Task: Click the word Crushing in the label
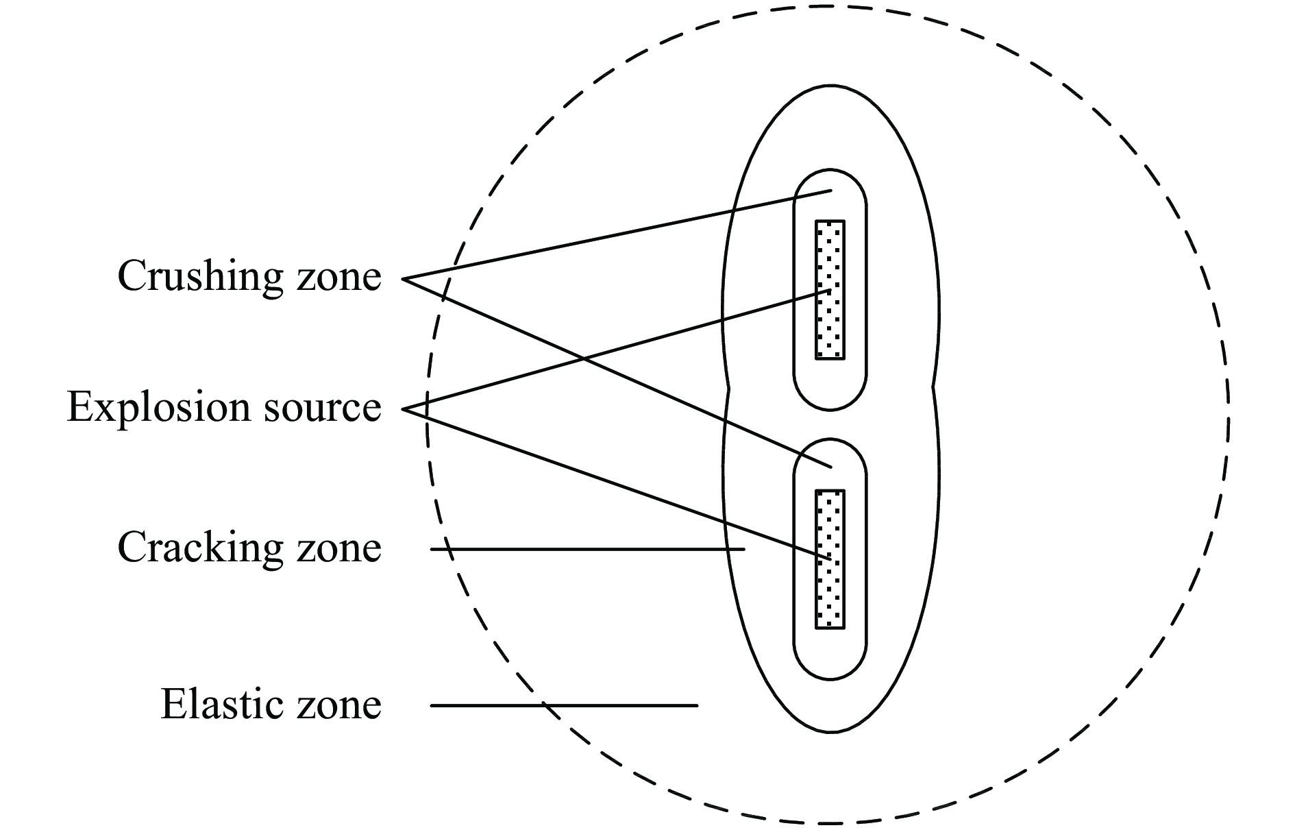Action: [200, 278]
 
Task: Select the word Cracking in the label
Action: [200, 548]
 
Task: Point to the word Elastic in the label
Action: [222, 704]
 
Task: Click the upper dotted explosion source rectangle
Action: [830, 289]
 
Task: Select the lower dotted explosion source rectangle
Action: [830, 559]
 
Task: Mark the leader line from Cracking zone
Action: [587, 549]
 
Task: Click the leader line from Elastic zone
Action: [564, 705]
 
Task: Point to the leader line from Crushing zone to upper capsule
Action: [617, 234]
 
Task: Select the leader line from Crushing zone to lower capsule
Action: [617, 373]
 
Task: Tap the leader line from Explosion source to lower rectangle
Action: [617, 484]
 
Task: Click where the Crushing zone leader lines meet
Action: [403, 279]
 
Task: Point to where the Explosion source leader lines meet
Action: [403, 409]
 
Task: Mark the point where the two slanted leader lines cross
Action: [584, 358]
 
